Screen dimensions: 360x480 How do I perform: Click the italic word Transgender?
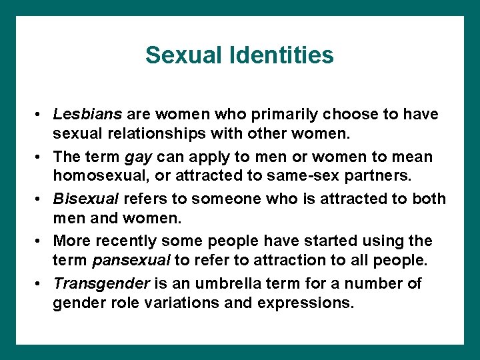(x=101, y=283)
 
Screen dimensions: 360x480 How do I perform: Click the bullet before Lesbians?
(x=41, y=115)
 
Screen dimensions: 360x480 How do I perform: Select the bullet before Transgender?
(x=41, y=284)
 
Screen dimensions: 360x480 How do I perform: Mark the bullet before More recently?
(x=41, y=241)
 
